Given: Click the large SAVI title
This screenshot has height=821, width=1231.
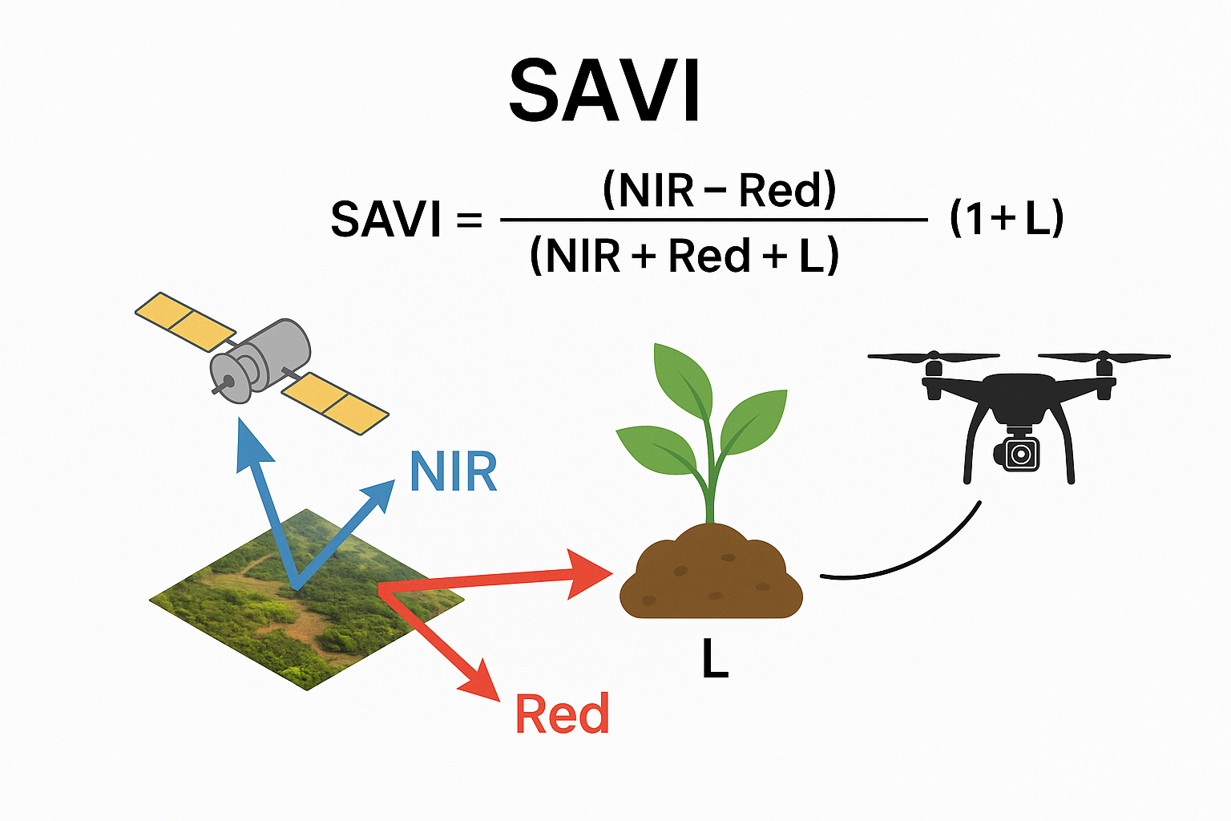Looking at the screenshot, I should (x=605, y=91).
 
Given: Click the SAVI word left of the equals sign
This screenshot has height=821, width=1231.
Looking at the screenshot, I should (x=385, y=219).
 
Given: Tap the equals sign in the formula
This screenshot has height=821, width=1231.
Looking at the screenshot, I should (x=469, y=219).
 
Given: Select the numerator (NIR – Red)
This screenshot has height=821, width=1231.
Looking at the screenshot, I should (x=719, y=191).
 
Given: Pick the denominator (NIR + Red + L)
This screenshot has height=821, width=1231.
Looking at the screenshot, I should (x=684, y=256).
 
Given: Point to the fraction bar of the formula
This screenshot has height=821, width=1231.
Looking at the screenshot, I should (x=713, y=219).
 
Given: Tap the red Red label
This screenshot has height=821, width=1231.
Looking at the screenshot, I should (x=562, y=714).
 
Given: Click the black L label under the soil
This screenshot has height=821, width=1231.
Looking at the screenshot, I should (x=715, y=661).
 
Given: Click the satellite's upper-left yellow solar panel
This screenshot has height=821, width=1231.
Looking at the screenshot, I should (x=185, y=320).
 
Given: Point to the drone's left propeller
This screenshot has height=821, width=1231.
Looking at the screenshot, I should (x=933, y=358).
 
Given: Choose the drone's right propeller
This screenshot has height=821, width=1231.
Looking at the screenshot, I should (x=1104, y=358).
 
